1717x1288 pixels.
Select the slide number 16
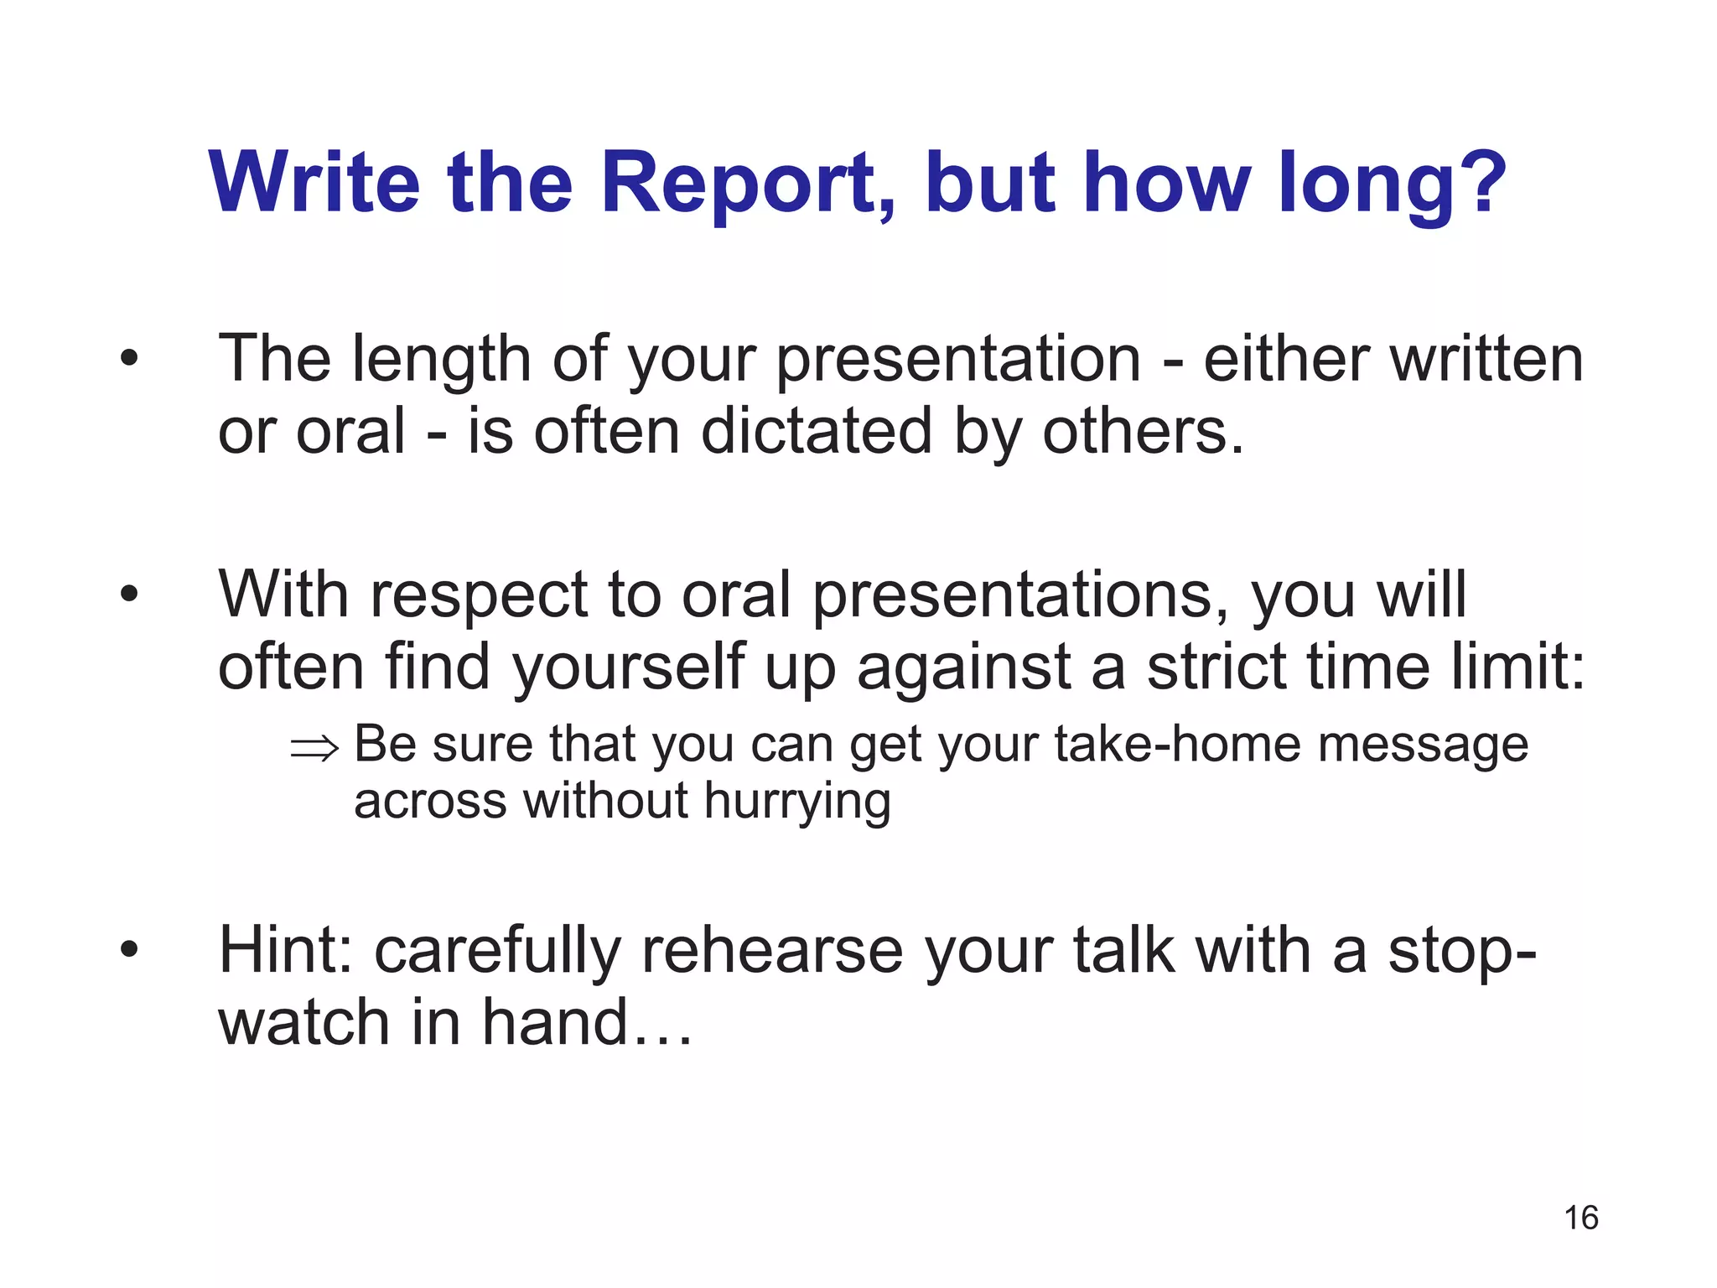(x=1581, y=1218)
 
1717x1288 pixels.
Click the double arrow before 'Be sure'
(x=314, y=746)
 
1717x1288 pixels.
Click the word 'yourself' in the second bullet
(x=629, y=667)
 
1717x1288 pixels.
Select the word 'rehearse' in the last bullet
(x=772, y=951)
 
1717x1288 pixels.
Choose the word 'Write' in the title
(x=314, y=183)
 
